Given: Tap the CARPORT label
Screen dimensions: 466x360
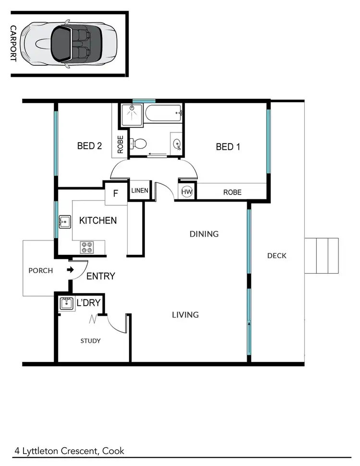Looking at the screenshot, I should point(13,43).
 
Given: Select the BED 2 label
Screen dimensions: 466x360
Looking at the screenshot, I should point(89,146).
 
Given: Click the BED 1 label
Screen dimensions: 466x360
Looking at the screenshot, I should point(228,146).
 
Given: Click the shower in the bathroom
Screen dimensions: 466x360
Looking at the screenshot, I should point(132,115).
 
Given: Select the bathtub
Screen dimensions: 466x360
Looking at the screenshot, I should point(164,114).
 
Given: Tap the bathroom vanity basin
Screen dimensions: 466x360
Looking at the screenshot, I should point(177,143).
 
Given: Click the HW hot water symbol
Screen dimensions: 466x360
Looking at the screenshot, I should point(187,192).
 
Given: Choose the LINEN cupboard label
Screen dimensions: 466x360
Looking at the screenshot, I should point(140,191).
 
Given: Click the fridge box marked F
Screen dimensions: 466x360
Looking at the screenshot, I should point(115,194).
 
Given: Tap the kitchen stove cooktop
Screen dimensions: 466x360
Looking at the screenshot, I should point(87,247).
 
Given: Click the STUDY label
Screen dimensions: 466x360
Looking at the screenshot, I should point(90,341).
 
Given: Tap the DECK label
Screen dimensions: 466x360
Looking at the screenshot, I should point(276,256).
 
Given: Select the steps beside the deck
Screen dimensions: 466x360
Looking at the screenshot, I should point(322,255).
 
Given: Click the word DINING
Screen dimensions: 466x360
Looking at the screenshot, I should point(204,234).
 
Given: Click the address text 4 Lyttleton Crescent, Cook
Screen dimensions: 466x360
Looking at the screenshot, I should point(69,451).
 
